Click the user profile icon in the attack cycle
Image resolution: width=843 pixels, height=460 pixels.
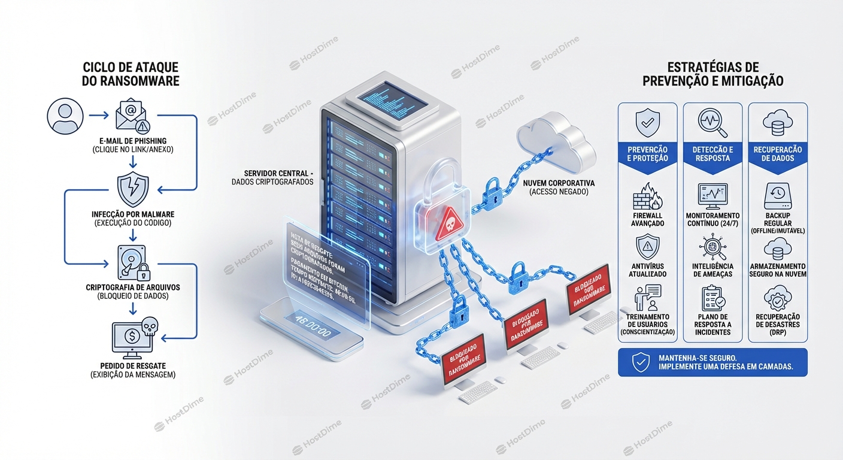point(65,116)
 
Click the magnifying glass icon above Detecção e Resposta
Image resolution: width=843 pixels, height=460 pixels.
point(712,122)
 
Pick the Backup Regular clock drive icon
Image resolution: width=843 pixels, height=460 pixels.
point(778,195)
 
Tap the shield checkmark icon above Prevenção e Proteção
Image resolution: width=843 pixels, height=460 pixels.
point(647,123)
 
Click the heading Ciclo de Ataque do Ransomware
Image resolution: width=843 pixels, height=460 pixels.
point(131,74)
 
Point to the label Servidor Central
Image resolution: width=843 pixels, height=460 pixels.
point(279,173)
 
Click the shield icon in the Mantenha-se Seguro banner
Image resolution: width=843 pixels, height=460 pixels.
point(641,362)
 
